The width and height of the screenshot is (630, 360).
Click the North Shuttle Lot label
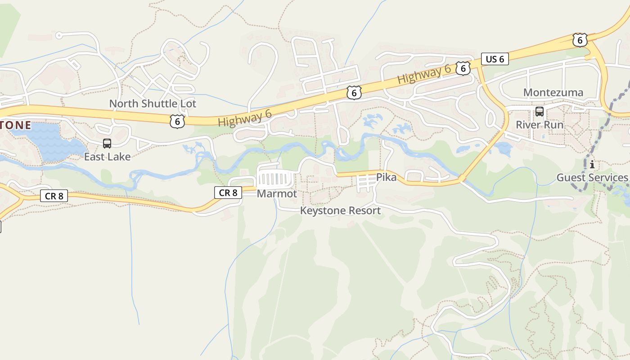coord(153,103)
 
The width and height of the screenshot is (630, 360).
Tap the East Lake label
coord(107,157)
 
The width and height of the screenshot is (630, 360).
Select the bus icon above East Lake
coord(107,144)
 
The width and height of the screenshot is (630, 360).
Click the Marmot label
coord(277,193)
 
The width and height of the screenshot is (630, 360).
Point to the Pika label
coord(387,177)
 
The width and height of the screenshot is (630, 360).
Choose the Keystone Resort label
coord(340,211)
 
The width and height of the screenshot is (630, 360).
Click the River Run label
coord(540,125)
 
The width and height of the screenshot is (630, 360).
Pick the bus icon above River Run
coord(539,112)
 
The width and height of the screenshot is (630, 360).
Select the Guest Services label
coord(592,177)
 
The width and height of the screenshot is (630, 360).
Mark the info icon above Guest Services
coord(592,165)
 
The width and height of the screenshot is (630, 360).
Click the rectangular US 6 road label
coord(495,59)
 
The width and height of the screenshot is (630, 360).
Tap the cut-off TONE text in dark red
coord(15,125)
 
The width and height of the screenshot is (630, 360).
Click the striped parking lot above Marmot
coord(274,179)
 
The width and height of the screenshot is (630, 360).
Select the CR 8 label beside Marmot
coord(228,193)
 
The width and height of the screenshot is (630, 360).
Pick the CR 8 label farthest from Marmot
coord(54,196)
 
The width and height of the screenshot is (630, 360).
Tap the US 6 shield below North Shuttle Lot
coord(177,121)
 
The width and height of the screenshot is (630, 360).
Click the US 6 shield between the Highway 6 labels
coord(354,93)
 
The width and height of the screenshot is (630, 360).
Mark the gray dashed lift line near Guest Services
coord(603,130)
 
